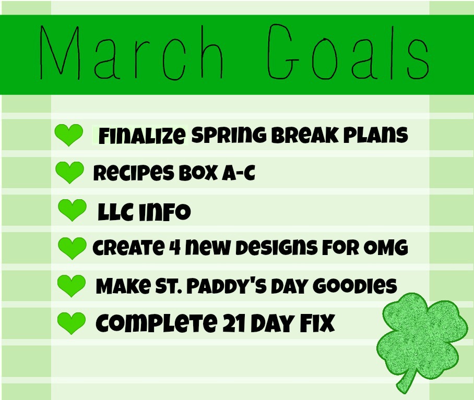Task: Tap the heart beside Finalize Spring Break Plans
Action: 68,135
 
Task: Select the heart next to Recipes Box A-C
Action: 69,172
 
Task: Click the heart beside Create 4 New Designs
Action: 72,247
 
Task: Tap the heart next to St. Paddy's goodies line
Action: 70,285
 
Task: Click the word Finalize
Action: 141,136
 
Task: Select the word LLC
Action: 116,212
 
